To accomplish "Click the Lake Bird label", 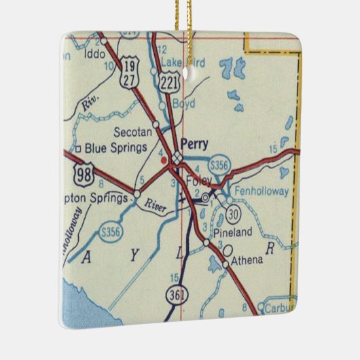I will point(183,60).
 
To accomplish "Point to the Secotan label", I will point(132,133).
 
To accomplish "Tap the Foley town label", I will point(198,181).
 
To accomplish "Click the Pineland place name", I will point(232,232).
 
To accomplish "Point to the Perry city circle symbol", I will point(177,158).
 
